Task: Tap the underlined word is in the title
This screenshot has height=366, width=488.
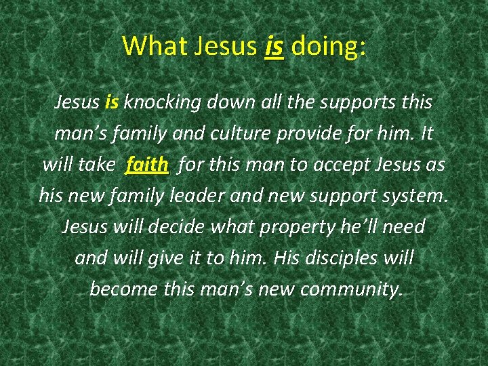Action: click(274, 45)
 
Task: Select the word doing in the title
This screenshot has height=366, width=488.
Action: click(329, 45)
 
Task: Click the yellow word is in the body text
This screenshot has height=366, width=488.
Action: click(113, 102)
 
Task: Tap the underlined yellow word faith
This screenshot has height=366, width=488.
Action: click(146, 165)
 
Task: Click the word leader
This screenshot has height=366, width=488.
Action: click(224, 196)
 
